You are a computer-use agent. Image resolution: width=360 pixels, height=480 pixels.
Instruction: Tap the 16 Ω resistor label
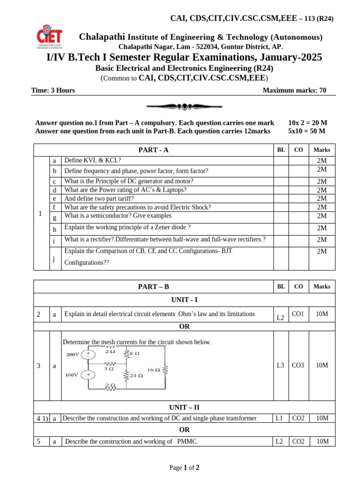(x=154, y=370)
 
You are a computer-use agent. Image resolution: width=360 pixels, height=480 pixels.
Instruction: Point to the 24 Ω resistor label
(x=136, y=375)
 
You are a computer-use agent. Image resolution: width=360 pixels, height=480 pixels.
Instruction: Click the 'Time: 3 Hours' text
(x=53, y=90)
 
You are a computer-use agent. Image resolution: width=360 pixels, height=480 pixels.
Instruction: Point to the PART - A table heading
(x=153, y=150)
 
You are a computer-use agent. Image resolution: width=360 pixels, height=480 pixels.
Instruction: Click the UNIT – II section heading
(x=184, y=407)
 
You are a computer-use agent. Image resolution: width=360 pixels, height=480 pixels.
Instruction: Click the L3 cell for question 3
(x=280, y=365)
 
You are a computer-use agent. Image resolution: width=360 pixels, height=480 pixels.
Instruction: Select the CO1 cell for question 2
(x=298, y=314)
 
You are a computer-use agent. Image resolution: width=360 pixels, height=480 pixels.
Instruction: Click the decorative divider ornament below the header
(x=181, y=107)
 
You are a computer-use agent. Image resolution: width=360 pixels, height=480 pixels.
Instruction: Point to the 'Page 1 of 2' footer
(x=184, y=467)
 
